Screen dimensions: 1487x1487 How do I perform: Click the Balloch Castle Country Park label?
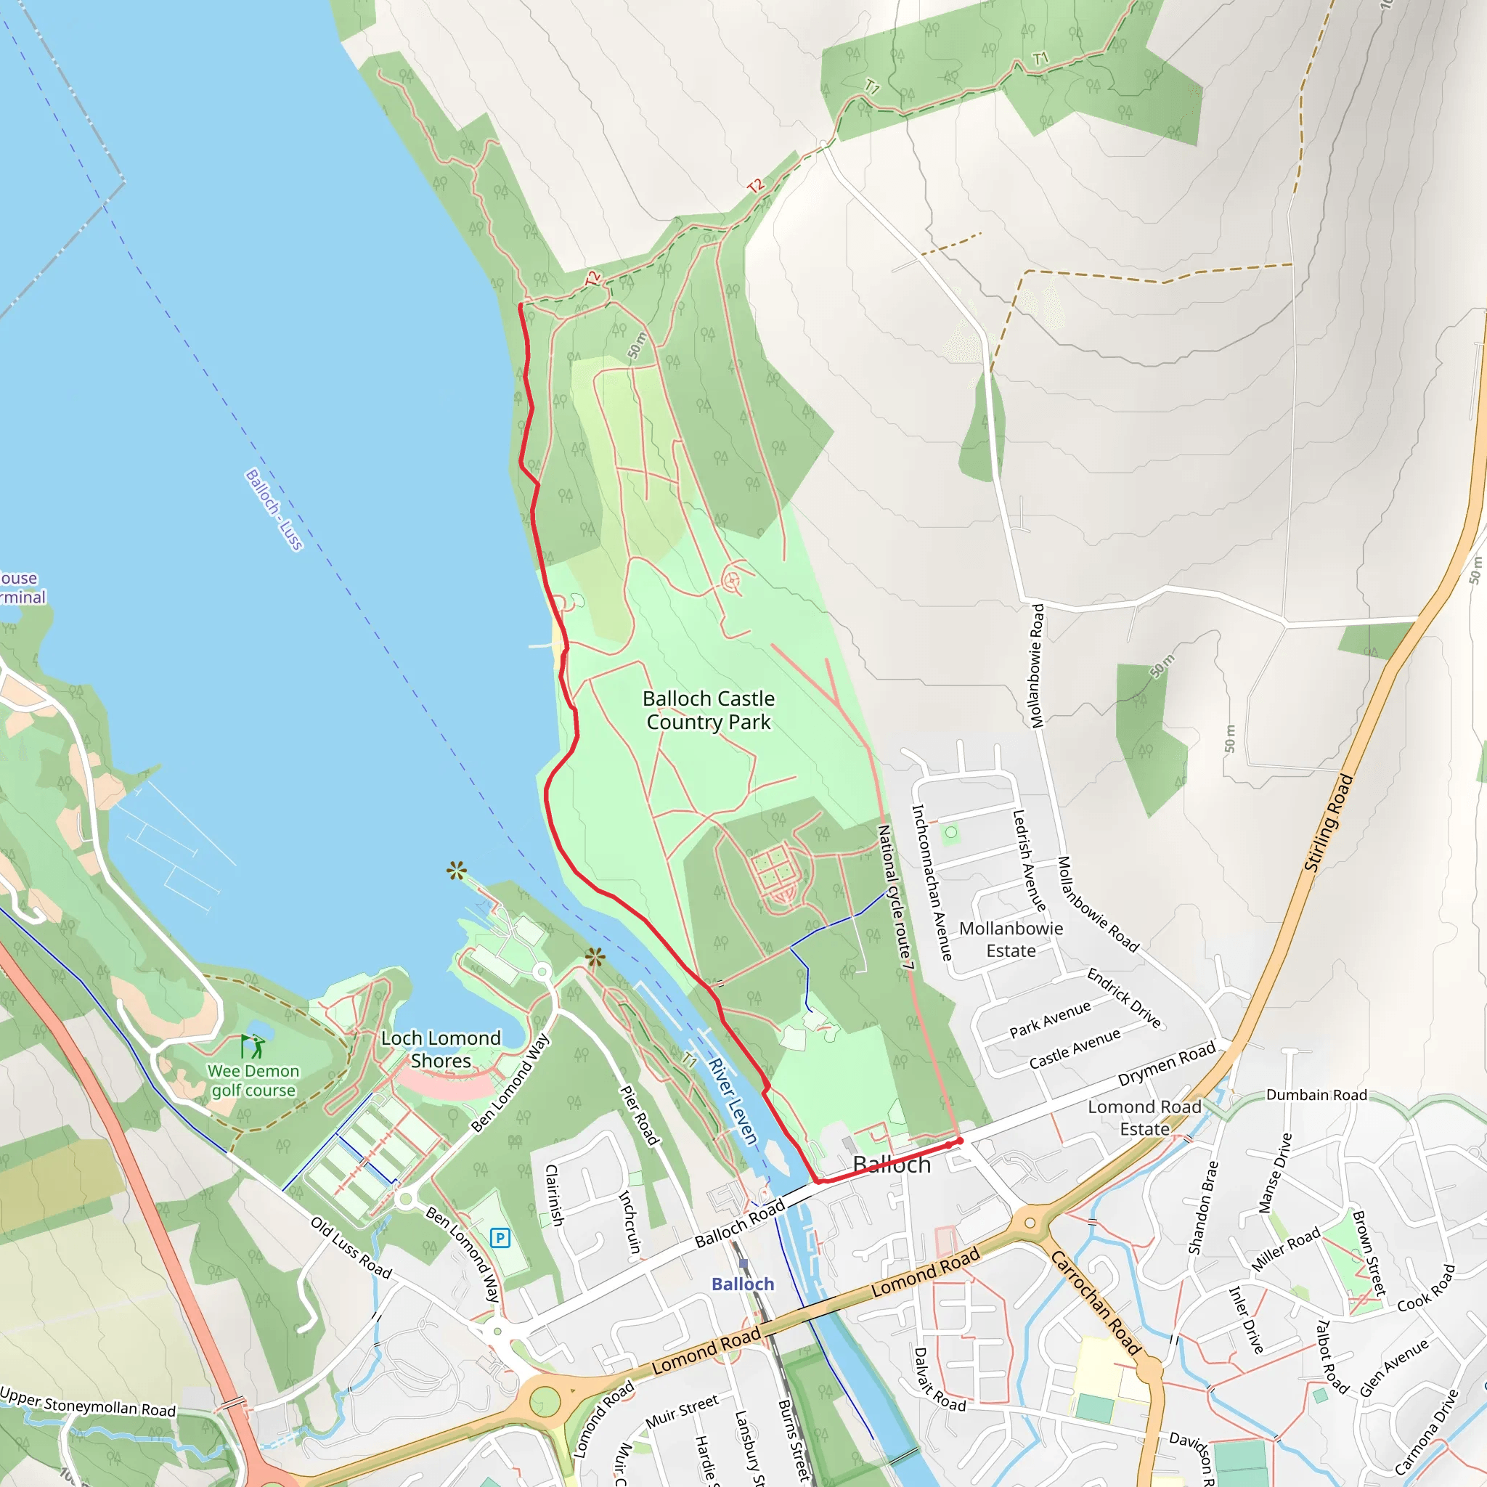coord(708,710)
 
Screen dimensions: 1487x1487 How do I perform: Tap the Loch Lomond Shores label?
coord(441,1050)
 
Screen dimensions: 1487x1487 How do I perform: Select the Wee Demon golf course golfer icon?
coord(253,1047)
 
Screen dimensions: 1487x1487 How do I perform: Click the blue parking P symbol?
coord(500,1239)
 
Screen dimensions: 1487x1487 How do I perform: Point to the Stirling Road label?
coord(1329,823)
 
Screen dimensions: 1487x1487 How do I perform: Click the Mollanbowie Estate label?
coord(1011,940)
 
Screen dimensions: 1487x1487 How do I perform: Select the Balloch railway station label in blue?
coord(743,1284)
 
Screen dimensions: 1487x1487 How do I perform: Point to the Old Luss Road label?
coord(351,1247)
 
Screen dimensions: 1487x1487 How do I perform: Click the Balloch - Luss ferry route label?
coord(274,510)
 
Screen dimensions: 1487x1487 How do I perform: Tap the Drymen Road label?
coord(1166,1064)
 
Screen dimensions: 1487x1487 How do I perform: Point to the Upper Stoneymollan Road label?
coord(88,1402)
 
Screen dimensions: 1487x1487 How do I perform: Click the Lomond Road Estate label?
coord(1144,1117)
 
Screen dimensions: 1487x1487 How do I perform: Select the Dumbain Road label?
coord(1316,1094)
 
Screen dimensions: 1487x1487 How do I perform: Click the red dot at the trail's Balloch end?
coord(959,1141)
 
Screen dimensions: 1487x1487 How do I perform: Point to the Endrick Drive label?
coord(1124,998)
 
